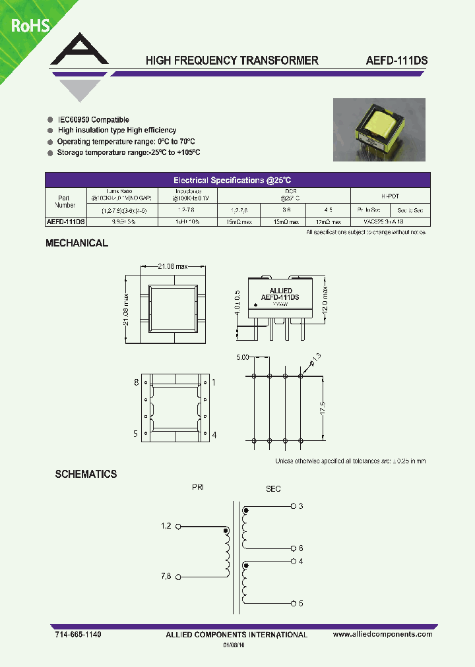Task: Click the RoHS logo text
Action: coord(28,26)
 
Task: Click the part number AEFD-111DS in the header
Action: coord(396,61)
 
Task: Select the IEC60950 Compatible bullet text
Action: coord(92,120)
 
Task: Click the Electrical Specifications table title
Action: coord(237,180)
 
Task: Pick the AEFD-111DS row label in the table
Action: coord(65,222)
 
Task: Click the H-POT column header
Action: coord(390,196)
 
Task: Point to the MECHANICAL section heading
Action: coord(77,243)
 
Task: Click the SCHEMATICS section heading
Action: coord(86,474)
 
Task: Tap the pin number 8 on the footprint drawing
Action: coord(135,382)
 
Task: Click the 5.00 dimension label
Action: coord(242,358)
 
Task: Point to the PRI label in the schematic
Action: coord(198,488)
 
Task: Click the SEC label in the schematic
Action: coord(273,488)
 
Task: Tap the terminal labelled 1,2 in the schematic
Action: coord(166,525)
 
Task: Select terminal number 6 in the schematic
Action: coord(300,548)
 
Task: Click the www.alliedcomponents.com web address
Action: coord(383,634)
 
